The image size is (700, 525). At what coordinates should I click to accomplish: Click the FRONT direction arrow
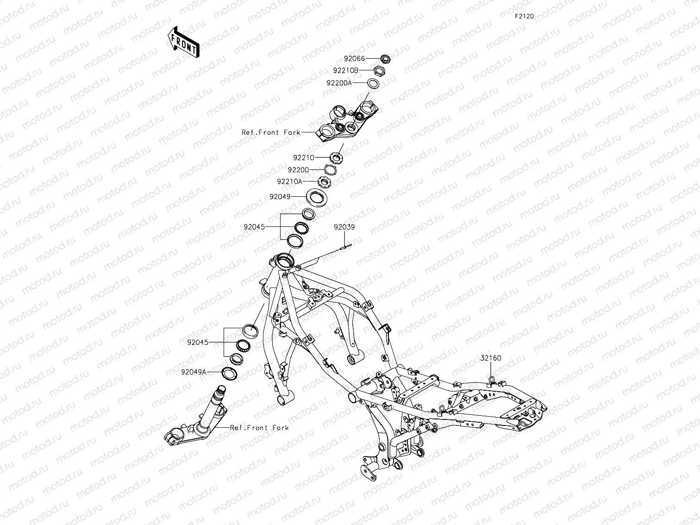click(184, 42)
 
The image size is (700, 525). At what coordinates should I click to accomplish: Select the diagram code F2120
click(524, 16)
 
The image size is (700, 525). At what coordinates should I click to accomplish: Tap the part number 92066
click(354, 59)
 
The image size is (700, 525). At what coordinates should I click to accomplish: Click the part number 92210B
click(345, 70)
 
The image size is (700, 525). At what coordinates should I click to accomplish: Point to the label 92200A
click(339, 83)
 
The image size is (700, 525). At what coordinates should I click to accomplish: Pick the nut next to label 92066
click(384, 58)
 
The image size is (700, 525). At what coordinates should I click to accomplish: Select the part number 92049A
click(194, 372)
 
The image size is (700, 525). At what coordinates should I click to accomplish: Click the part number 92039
click(344, 227)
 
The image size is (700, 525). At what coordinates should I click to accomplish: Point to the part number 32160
click(490, 358)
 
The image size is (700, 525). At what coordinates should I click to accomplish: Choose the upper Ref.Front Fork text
click(271, 132)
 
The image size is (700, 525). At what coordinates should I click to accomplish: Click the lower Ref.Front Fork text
click(259, 428)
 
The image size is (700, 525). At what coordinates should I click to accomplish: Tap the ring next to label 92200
click(330, 170)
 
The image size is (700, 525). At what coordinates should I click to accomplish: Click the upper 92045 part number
click(255, 227)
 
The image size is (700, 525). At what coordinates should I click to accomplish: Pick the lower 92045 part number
click(198, 343)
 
